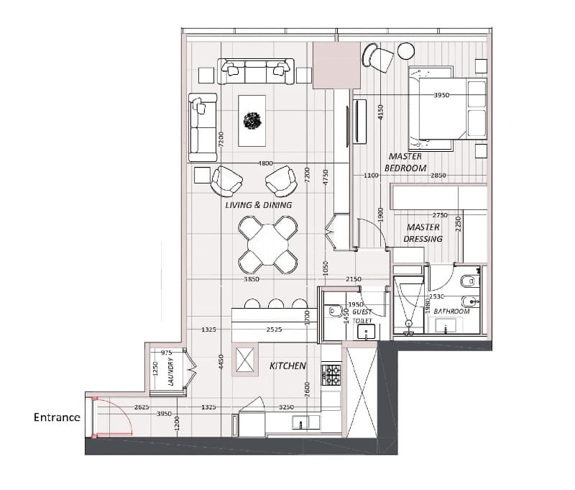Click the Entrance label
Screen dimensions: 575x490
(x=57, y=417)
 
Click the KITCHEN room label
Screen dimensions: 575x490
(x=287, y=366)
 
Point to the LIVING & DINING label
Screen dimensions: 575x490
(x=259, y=205)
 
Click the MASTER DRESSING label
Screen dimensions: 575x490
(x=423, y=233)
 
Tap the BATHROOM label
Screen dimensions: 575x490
(x=451, y=312)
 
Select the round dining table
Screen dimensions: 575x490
(x=267, y=245)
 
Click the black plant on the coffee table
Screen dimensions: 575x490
(x=252, y=121)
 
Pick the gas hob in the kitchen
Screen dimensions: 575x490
(x=331, y=375)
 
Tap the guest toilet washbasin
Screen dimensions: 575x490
(x=367, y=332)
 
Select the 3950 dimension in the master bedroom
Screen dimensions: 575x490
(x=441, y=95)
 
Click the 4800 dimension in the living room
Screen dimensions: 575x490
(x=265, y=163)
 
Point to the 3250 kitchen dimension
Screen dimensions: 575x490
(x=286, y=407)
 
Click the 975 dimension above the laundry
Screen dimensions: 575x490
(x=166, y=353)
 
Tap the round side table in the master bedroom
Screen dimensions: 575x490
(x=406, y=51)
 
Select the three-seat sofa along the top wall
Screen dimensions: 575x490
(x=256, y=71)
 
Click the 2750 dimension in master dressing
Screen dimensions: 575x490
(x=440, y=215)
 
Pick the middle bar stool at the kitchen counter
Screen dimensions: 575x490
(x=276, y=304)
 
